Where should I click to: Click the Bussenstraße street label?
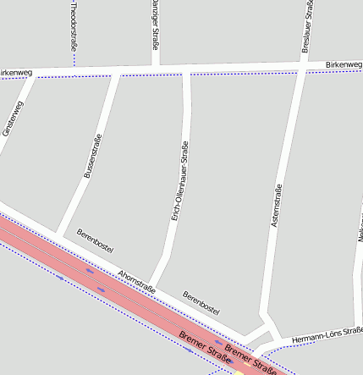click(x=92, y=157)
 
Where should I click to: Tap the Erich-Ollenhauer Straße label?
click(x=180, y=181)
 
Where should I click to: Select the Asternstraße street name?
click(x=275, y=205)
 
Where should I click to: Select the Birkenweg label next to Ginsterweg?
click(x=15, y=74)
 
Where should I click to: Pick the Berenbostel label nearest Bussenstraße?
click(x=95, y=241)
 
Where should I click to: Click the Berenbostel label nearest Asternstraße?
click(x=201, y=301)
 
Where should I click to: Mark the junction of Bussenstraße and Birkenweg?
click(x=115, y=74)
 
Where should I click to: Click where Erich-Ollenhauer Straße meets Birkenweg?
click(x=186, y=72)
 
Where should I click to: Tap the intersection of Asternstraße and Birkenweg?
click(x=301, y=69)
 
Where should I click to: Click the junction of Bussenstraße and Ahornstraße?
click(x=58, y=232)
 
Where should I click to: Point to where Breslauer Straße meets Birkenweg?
click(x=303, y=69)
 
